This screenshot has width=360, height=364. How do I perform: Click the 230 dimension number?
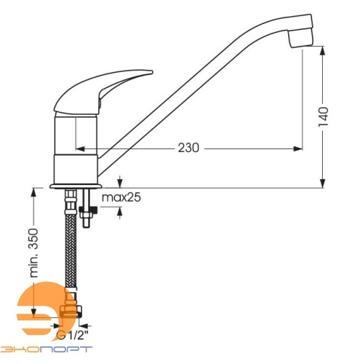point(188,148)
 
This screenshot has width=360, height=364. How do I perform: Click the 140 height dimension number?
point(323,116)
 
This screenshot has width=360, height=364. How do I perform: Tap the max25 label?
point(121,197)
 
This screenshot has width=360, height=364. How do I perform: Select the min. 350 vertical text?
point(33,253)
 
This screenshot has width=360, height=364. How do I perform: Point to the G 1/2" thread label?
point(72,336)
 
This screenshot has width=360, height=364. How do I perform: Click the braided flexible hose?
point(71,250)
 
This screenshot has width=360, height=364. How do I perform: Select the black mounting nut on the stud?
point(88,210)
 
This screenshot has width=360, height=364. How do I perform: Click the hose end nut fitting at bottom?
point(71,312)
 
